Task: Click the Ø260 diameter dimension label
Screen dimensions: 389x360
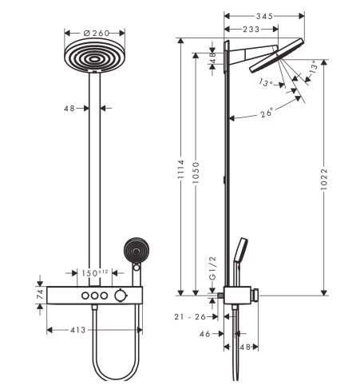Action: (94, 33)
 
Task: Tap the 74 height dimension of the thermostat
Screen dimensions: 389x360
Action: (39, 296)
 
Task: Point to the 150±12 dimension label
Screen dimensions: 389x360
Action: (95, 274)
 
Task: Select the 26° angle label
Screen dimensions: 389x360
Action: (265, 112)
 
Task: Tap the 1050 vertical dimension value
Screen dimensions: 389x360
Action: (205, 177)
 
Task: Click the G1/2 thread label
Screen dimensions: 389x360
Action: (212, 267)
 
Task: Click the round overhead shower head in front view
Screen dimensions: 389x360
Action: (94, 61)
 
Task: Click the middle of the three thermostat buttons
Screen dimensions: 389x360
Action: (95, 296)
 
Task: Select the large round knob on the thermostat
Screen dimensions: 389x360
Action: (120, 296)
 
